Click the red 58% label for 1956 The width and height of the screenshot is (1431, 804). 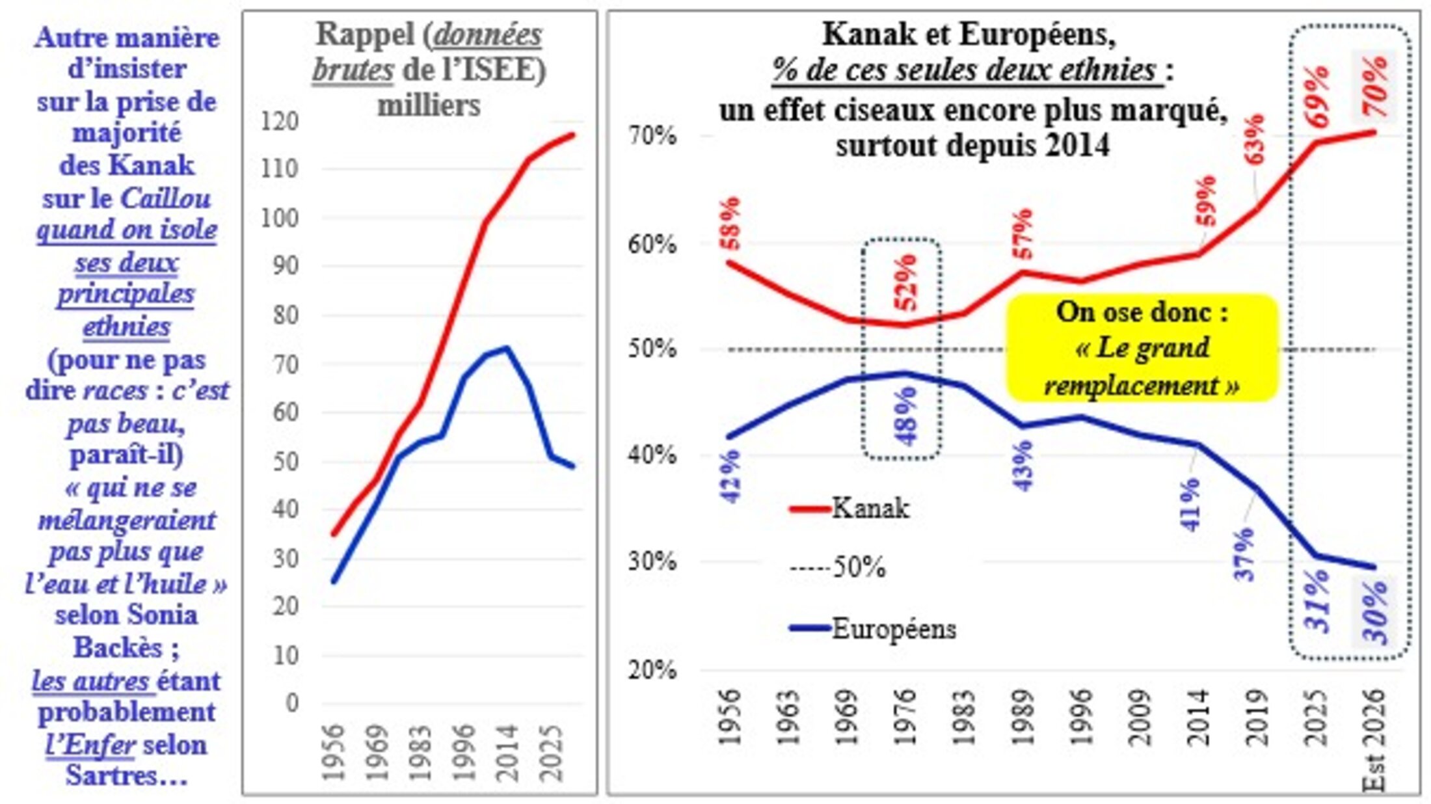pyautogui.click(x=730, y=223)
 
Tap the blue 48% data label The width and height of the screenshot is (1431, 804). pyautogui.click(x=905, y=417)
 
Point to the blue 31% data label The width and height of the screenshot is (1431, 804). pyautogui.click(x=1317, y=600)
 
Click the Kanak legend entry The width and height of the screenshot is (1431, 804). pyautogui.click(x=849, y=508)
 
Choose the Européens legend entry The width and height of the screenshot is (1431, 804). pyautogui.click(x=872, y=629)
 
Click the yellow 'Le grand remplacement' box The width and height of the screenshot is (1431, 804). pyautogui.click(x=1142, y=348)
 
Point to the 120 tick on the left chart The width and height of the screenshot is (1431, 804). pyautogui.click(x=279, y=122)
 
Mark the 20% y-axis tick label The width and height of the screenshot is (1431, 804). pyautogui.click(x=652, y=669)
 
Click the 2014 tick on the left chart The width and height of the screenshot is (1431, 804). pyautogui.click(x=507, y=753)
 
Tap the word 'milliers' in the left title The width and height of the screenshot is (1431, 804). pyautogui.click(x=429, y=105)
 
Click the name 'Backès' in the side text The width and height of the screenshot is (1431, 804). pyautogui.click(x=117, y=647)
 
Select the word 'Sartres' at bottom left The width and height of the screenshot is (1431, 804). pyautogui.click(x=104, y=776)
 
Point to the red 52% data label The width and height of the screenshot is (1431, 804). pyautogui.click(x=905, y=282)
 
